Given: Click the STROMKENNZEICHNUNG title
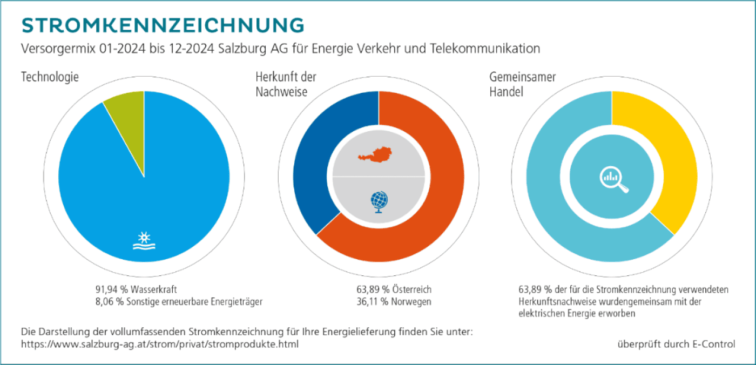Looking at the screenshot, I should tap(162, 25).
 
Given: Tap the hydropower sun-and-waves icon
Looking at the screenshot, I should tap(144, 241).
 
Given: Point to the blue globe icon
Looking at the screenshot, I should tap(379, 201).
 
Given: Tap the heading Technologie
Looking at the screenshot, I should tap(50, 77).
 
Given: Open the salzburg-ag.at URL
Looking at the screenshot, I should tap(159, 344).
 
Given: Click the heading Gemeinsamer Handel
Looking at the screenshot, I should tap(515, 84).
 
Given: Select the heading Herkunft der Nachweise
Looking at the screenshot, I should tap(286, 84).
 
